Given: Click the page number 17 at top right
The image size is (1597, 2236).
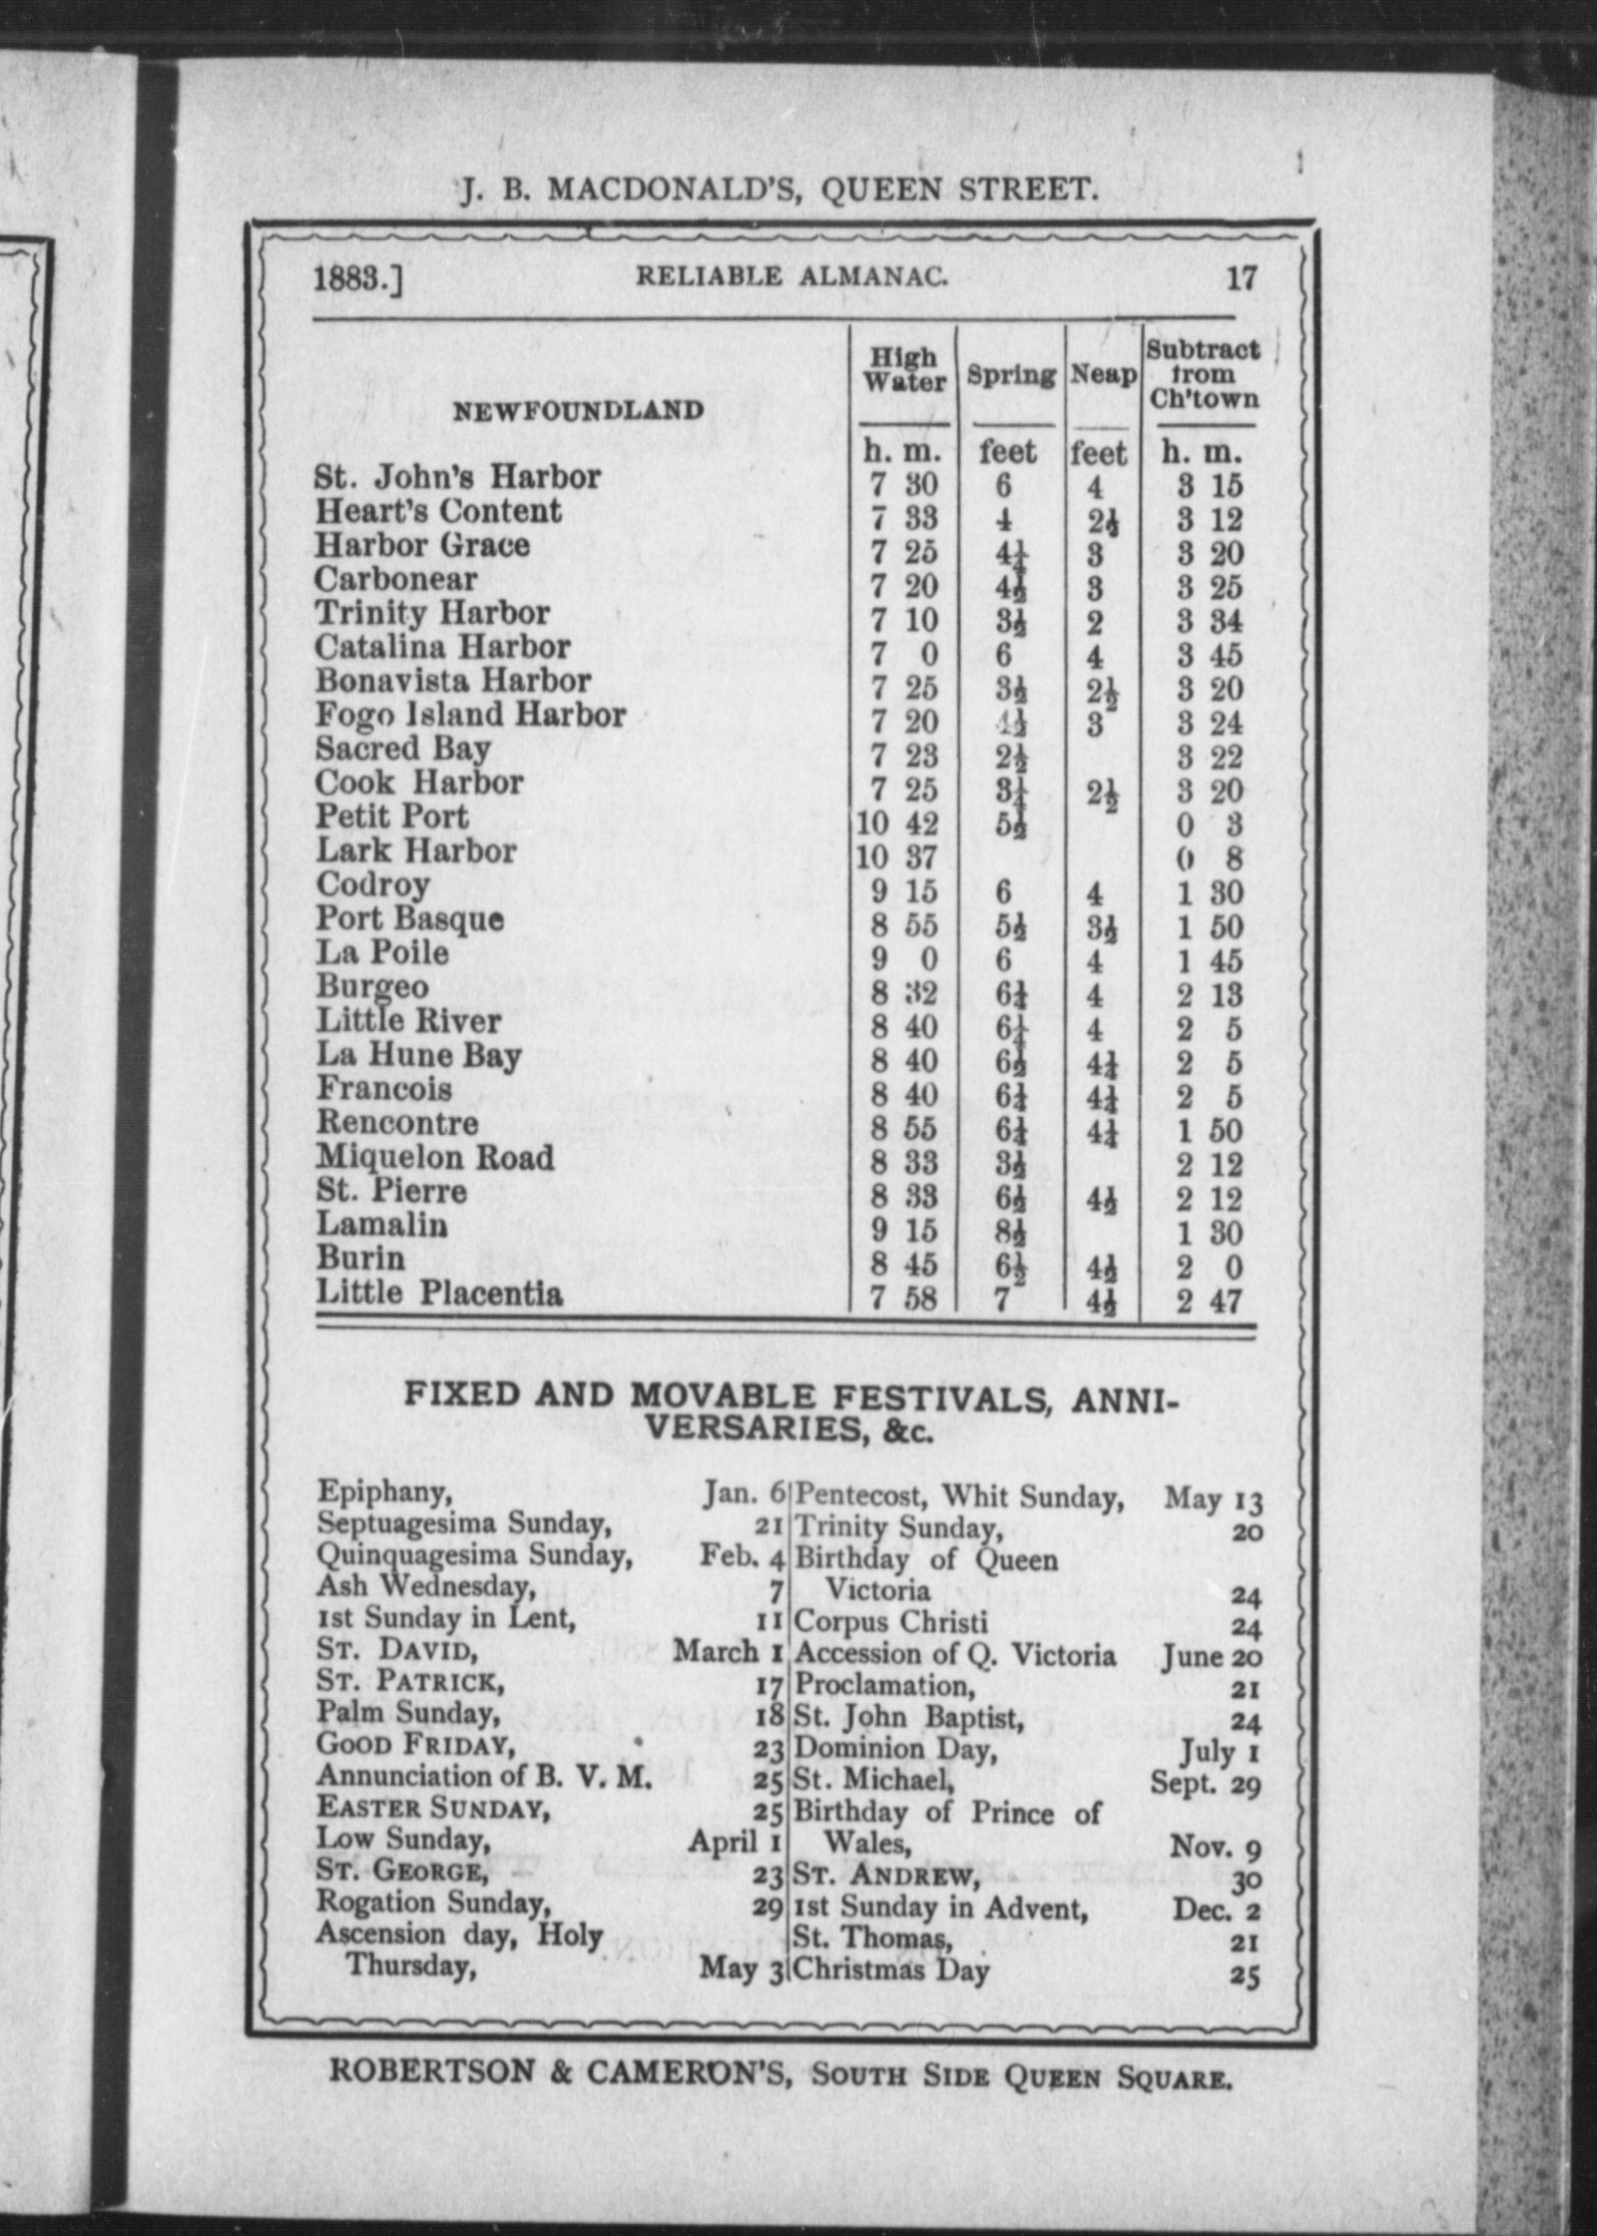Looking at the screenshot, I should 1241,277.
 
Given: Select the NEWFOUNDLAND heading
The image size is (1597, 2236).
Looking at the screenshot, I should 579,410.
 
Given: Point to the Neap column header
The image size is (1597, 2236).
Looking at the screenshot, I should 1103,376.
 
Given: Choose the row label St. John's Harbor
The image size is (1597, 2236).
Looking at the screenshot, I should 458,477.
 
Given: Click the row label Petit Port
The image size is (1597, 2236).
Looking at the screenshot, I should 392,817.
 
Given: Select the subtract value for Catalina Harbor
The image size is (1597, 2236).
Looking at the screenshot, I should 1209,655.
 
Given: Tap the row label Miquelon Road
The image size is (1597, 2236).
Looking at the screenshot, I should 435,1158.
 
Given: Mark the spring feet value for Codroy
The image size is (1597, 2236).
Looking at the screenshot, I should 1003,891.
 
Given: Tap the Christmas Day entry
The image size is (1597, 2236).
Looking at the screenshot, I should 891,1970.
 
